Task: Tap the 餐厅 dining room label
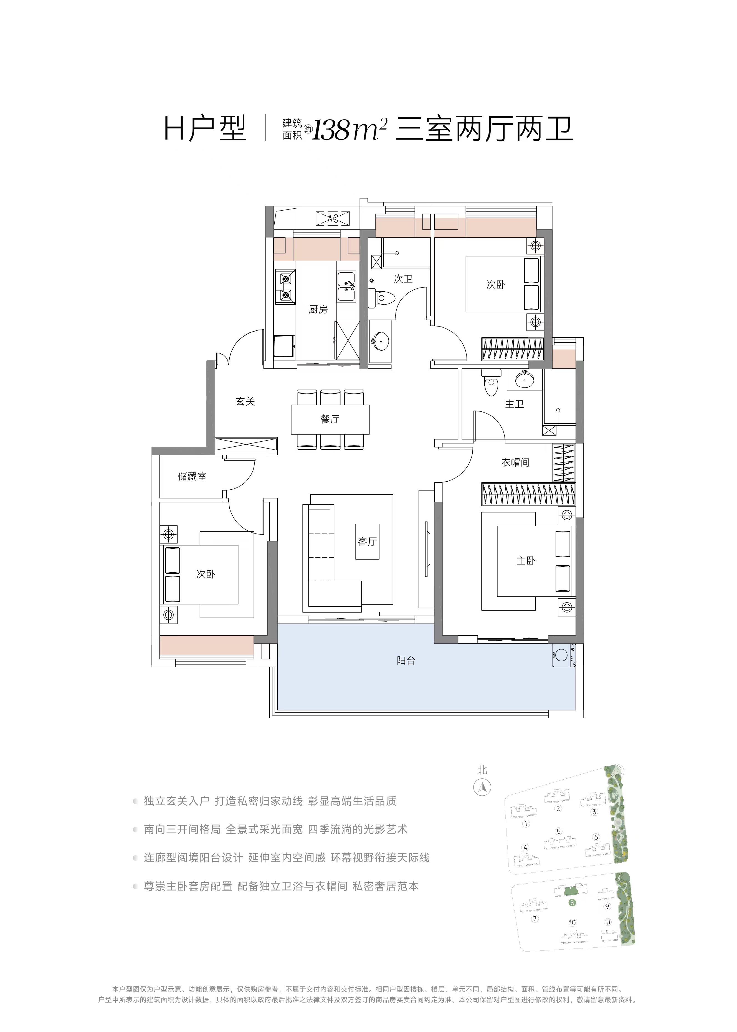point(330,419)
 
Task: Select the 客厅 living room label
point(367,542)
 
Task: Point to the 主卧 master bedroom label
point(526,561)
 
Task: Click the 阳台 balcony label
point(406,661)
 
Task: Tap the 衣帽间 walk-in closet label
point(515,462)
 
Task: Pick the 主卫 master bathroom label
point(514,404)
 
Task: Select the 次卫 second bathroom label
point(403,279)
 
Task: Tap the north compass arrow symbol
point(482,800)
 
